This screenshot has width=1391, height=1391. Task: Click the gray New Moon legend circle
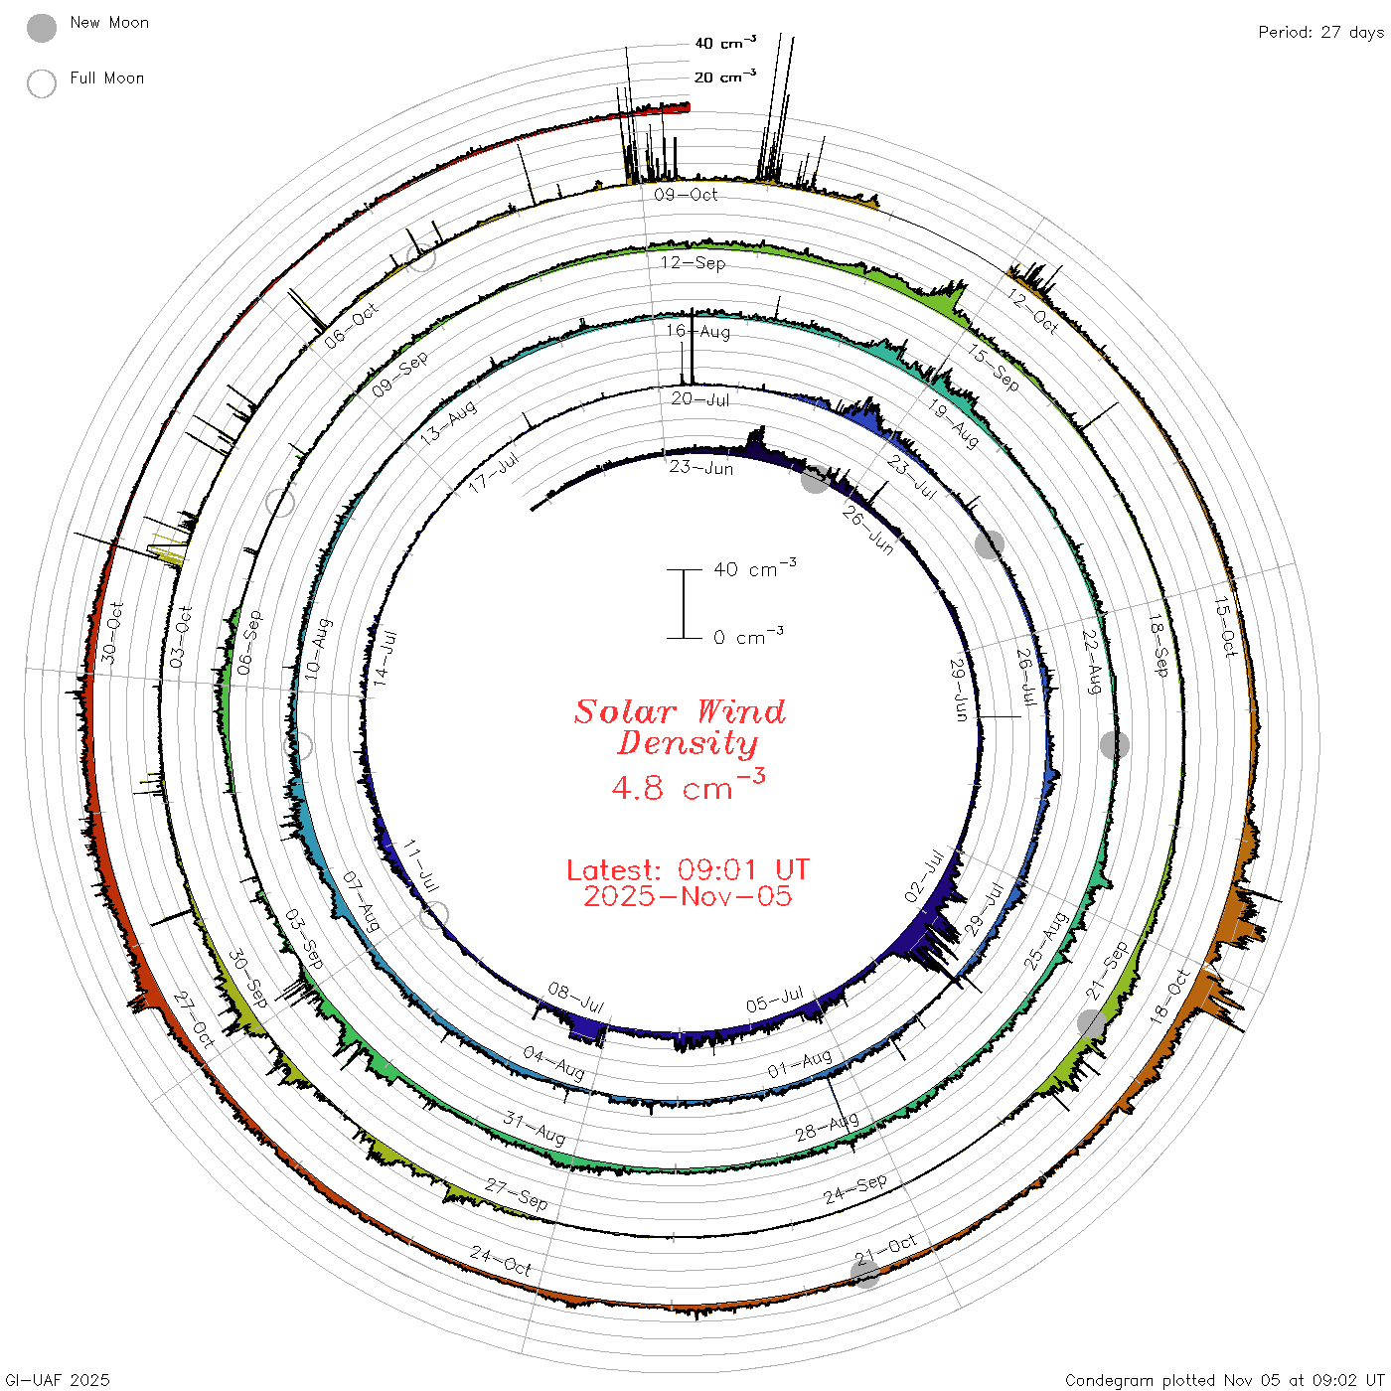click(x=42, y=28)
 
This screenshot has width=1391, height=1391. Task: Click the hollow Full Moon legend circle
click(x=42, y=83)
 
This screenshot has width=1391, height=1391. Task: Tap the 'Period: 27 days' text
click(x=1321, y=33)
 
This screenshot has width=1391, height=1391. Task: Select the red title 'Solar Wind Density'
click(x=680, y=727)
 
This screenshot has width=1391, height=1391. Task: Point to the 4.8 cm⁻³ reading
click(x=688, y=785)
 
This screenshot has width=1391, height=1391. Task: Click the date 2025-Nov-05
click(x=688, y=896)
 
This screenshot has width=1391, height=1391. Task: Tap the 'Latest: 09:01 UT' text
click(x=688, y=869)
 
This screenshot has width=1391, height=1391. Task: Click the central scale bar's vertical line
click(x=684, y=604)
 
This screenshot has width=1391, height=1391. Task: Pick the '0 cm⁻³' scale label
click(x=748, y=636)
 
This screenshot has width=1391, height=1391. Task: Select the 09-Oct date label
click(x=686, y=195)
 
